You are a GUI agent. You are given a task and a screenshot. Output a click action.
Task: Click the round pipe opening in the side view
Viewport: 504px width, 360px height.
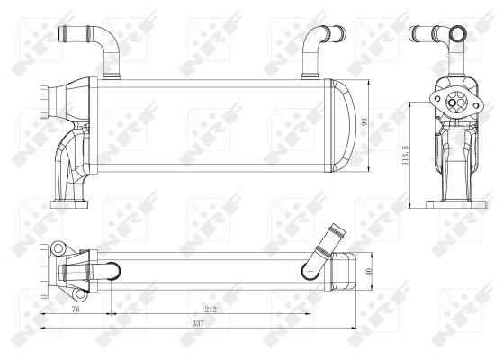458,37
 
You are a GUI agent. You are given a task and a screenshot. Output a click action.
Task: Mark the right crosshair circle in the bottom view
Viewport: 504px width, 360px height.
309,267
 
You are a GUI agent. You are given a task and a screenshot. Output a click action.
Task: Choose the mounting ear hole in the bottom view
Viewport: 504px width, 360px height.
56,247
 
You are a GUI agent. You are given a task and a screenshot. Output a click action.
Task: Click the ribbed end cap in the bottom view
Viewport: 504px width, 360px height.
346,267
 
